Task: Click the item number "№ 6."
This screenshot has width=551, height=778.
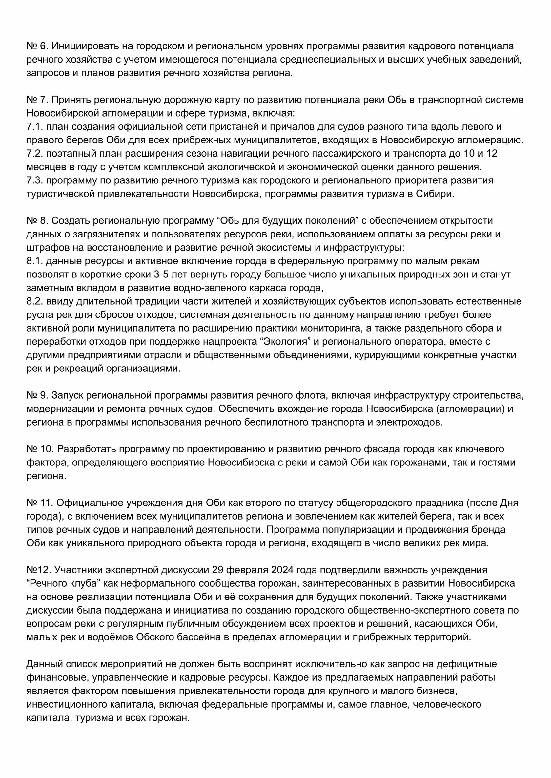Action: click(x=37, y=46)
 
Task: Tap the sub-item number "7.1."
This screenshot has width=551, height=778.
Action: click(x=35, y=126)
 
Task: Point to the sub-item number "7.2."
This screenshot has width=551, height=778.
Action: click(x=35, y=154)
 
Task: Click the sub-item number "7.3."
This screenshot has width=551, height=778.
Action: click(x=35, y=180)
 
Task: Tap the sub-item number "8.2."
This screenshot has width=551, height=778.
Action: click(x=35, y=301)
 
